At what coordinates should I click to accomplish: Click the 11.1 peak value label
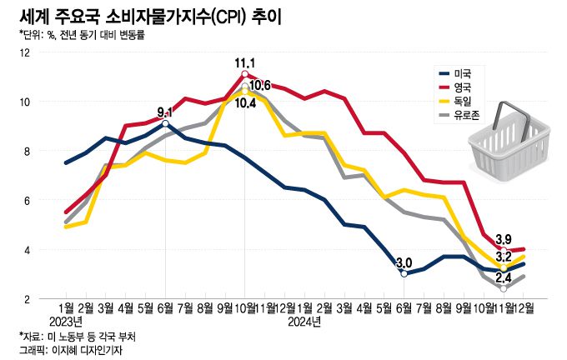coord(244,62)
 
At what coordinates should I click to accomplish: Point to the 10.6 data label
coord(260,85)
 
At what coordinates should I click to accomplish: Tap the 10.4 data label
coord(244,103)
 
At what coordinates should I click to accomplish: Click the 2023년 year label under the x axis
coord(66,321)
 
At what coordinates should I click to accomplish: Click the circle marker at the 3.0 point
coord(404,273)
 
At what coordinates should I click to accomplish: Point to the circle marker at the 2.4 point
coord(504,288)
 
